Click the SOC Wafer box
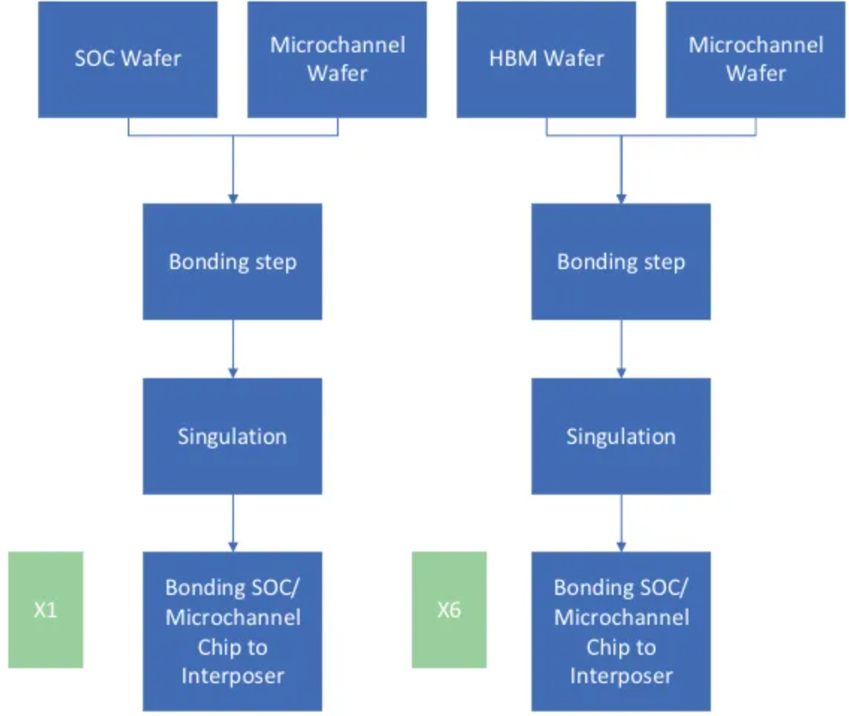[x=128, y=59]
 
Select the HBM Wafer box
[x=546, y=59]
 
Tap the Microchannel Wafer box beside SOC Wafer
[x=337, y=59]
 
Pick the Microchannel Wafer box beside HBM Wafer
[x=756, y=59]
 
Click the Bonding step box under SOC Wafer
[x=232, y=262]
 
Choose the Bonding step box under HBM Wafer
[x=621, y=262]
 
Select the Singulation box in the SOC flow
[x=232, y=436]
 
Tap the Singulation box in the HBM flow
[x=621, y=436]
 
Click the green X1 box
[x=46, y=610]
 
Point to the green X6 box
[x=449, y=610]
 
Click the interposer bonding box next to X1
[x=232, y=632]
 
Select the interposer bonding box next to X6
[x=621, y=632]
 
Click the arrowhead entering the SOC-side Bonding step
[x=232, y=199]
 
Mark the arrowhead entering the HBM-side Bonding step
[x=621, y=199]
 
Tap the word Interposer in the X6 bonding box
[x=621, y=676]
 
